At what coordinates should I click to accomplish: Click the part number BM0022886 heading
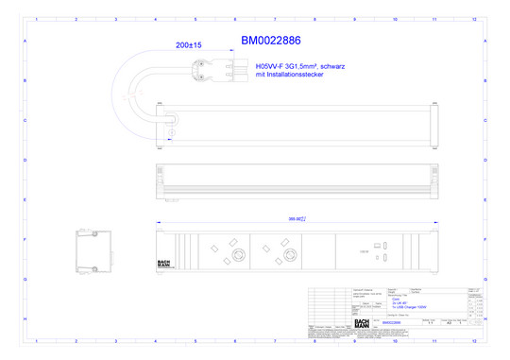[x=270, y=41]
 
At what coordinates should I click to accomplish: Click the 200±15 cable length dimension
[x=189, y=44]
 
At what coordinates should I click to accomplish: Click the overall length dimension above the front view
[x=297, y=219]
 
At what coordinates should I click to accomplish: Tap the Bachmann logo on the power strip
[x=164, y=264]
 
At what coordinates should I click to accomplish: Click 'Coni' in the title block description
[x=394, y=295]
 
